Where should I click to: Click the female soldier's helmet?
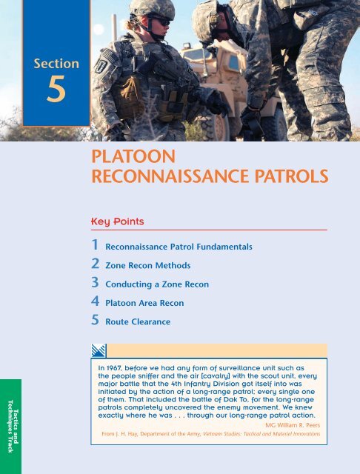pyautogui.click(x=151, y=10)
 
